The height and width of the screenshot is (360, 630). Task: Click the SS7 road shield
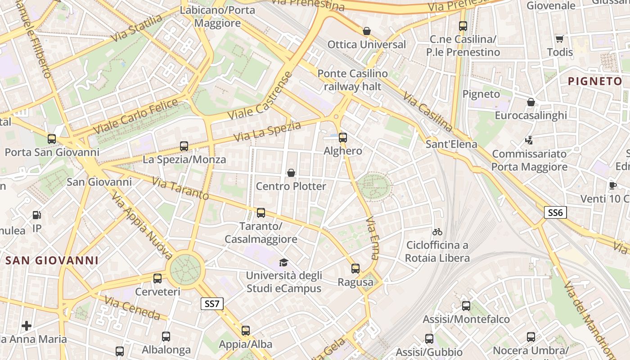(x=211, y=304)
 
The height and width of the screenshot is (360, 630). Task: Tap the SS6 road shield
(x=555, y=212)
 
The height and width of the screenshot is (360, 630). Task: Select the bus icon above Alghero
(x=343, y=138)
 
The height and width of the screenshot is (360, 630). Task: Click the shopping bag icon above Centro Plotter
(x=291, y=173)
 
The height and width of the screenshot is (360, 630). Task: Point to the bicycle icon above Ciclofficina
(x=437, y=232)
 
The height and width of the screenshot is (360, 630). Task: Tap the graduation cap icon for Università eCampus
(x=283, y=262)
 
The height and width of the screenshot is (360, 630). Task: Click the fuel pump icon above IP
(x=37, y=215)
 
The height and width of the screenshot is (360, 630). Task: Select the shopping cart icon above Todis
(x=559, y=39)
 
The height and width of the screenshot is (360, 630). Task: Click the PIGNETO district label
(x=595, y=81)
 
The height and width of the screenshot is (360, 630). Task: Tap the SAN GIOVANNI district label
(x=52, y=260)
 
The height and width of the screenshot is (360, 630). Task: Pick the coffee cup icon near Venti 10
(x=612, y=185)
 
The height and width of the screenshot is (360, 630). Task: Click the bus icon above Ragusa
(x=355, y=269)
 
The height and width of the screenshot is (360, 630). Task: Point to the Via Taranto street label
(x=180, y=189)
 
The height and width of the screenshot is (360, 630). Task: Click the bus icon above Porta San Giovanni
(x=52, y=139)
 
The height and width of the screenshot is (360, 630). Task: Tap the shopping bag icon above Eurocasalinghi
(x=531, y=103)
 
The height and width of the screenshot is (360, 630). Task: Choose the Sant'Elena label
(x=451, y=144)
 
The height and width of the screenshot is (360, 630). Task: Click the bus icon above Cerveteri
(x=157, y=279)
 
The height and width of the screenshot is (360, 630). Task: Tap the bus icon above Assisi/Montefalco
(x=466, y=306)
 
